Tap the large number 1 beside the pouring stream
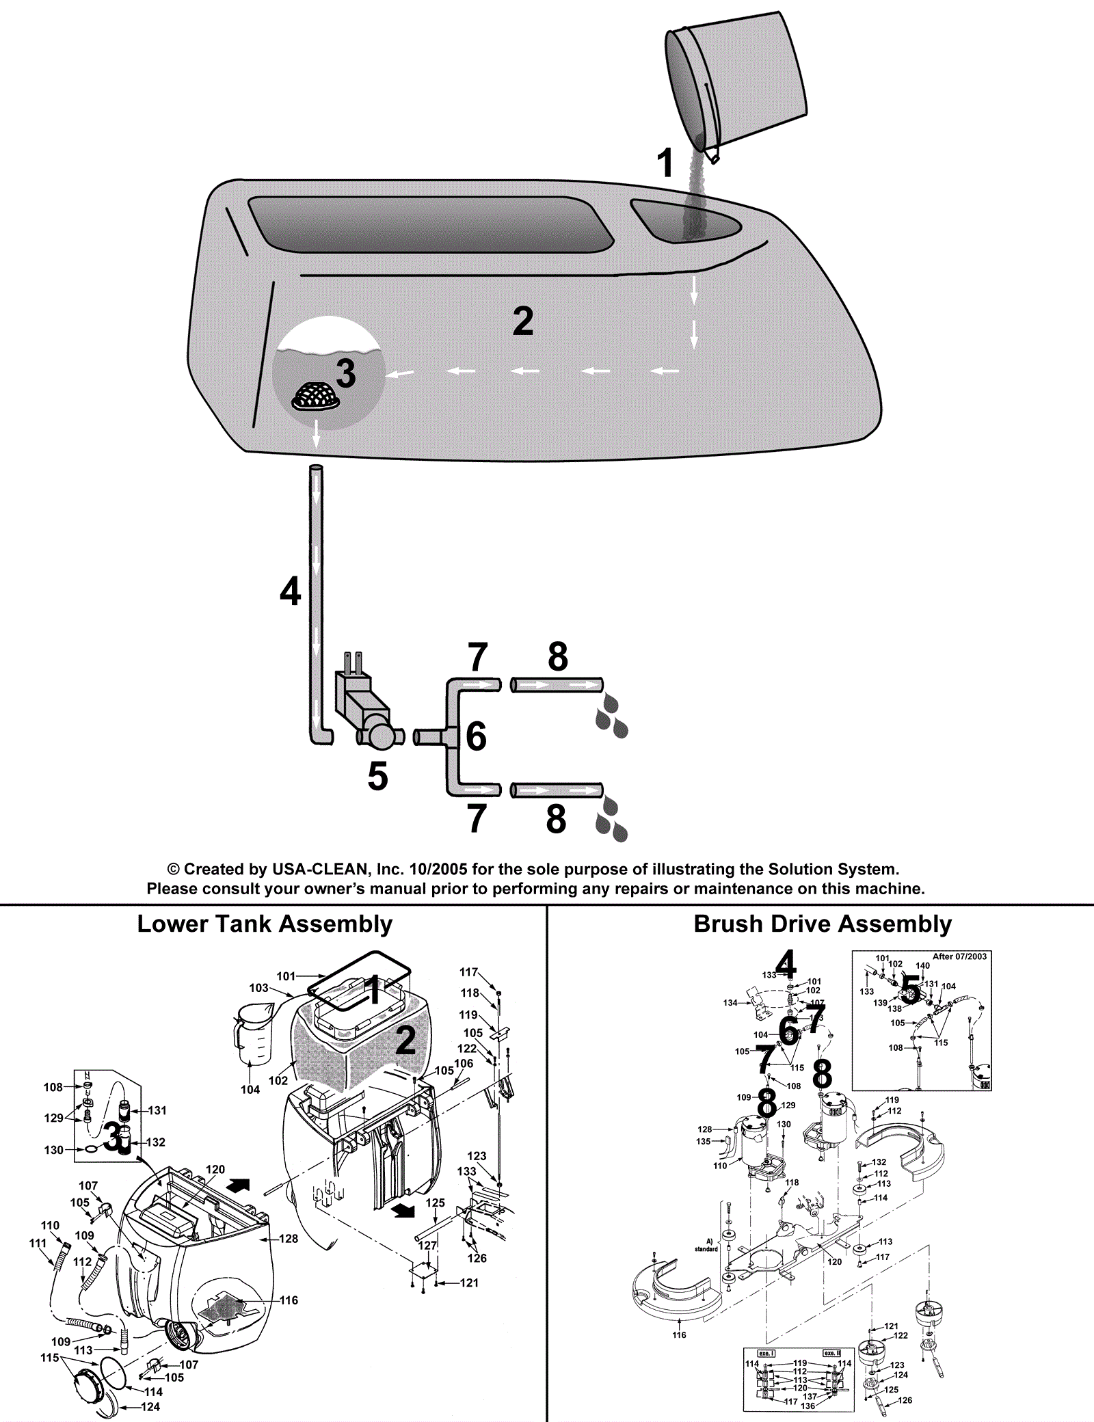pyautogui.click(x=665, y=163)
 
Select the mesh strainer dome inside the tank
pyautogui.click(x=317, y=396)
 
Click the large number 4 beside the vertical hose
pyautogui.click(x=291, y=591)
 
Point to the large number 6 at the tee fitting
pyautogui.click(x=476, y=736)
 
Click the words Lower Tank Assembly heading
pyautogui.click(x=265, y=924)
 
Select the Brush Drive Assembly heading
pyautogui.click(x=823, y=924)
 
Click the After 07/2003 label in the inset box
pyautogui.click(x=959, y=956)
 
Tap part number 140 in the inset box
pyautogui.click(x=922, y=966)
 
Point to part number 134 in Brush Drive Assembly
pyautogui.click(x=730, y=1003)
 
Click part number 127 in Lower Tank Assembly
pyautogui.click(x=427, y=1246)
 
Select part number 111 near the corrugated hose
pyautogui.click(x=38, y=1244)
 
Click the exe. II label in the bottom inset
pyautogui.click(x=831, y=1353)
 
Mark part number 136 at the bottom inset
pyautogui.click(x=808, y=1406)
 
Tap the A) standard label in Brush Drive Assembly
pyautogui.click(x=708, y=1245)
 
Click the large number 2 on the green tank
pyautogui.click(x=523, y=321)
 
